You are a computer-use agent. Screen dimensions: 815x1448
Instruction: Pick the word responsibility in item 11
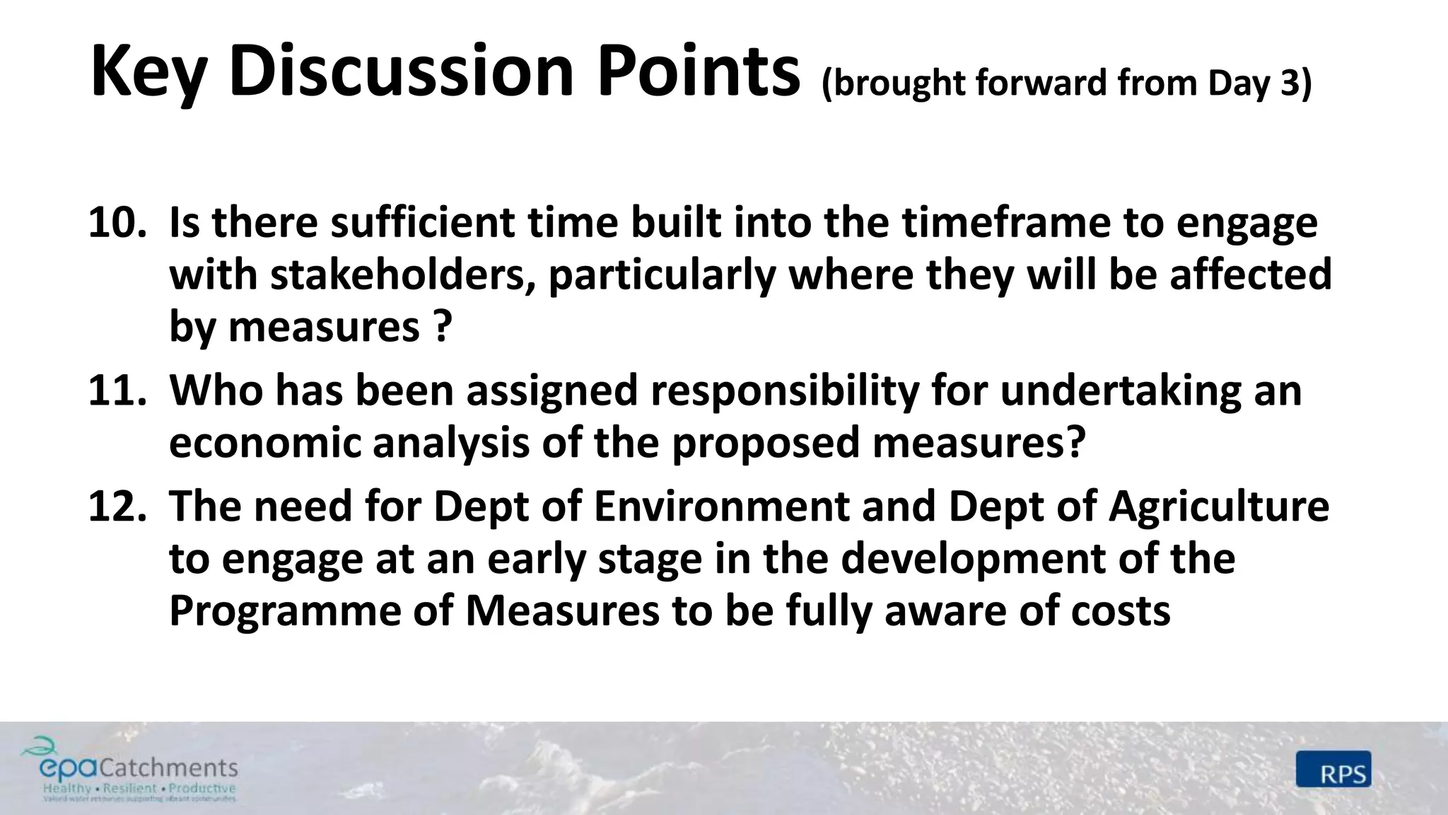coord(785,390)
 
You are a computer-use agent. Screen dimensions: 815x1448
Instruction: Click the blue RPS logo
coord(1333,769)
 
